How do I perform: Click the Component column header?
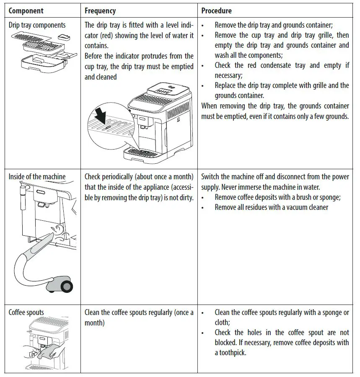[x=26, y=10]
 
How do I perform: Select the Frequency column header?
[x=100, y=10]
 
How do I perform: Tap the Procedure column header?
[x=216, y=10]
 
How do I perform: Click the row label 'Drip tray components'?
[x=37, y=25]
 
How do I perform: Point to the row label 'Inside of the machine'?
[x=37, y=176]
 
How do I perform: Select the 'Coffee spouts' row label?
[x=26, y=312]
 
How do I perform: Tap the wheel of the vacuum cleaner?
[x=66, y=286]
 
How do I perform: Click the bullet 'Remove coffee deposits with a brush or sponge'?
[x=277, y=197]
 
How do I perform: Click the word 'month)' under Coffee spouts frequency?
[x=95, y=323]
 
